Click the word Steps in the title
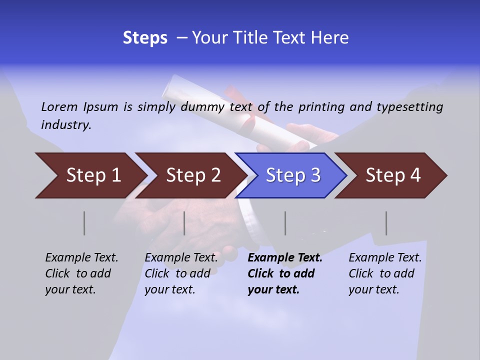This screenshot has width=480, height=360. click(x=145, y=38)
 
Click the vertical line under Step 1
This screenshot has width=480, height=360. click(x=84, y=223)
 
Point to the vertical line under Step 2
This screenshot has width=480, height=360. click(x=184, y=223)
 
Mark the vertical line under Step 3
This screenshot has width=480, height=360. click(x=285, y=223)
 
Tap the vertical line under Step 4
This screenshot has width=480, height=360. click(x=386, y=223)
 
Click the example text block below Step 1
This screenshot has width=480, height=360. click(x=81, y=273)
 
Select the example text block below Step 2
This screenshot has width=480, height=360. click(x=181, y=273)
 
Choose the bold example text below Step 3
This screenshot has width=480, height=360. click(x=285, y=273)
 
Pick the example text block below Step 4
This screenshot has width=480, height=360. click(x=385, y=273)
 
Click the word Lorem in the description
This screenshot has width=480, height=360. click(x=59, y=106)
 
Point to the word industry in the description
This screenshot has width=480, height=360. click(x=66, y=124)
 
